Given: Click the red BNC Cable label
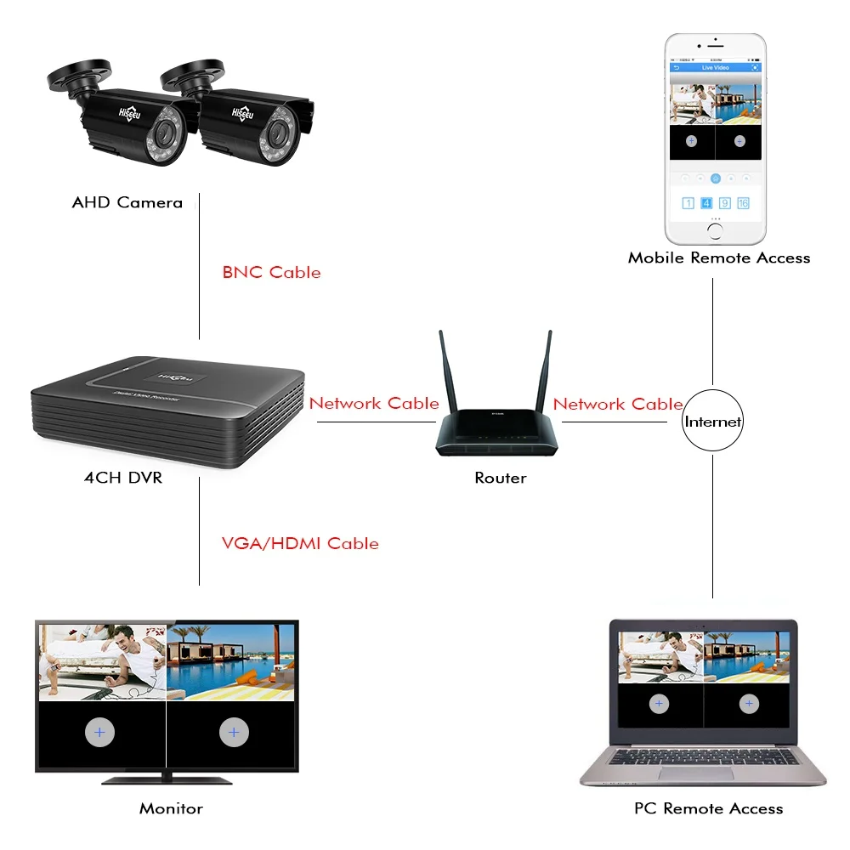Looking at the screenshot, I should tap(271, 273).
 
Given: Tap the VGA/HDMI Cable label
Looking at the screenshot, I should tap(300, 543).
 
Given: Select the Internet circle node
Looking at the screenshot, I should tap(712, 421).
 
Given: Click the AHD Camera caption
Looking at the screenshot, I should tap(127, 202).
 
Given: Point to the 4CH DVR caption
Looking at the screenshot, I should tap(123, 478).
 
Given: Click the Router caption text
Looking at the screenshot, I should tap(500, 478).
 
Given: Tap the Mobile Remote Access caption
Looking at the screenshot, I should tap(719, 258).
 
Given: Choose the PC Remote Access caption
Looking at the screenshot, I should tap(708, 808).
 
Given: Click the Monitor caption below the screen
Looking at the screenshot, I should tap(171, 808).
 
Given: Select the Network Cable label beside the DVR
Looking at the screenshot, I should tap(374, 404).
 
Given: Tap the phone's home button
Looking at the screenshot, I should tap(715, 229).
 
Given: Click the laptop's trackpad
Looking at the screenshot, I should tap(701, 773).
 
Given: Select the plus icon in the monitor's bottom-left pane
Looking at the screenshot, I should tap(99, 732).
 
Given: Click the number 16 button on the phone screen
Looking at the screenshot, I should tap(743, 203).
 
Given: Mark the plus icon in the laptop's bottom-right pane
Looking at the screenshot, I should tap(749, 704).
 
